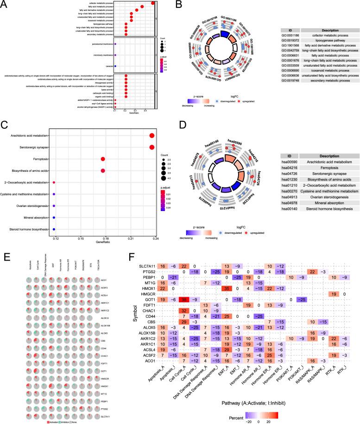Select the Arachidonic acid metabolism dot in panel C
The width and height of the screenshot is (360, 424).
152,135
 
